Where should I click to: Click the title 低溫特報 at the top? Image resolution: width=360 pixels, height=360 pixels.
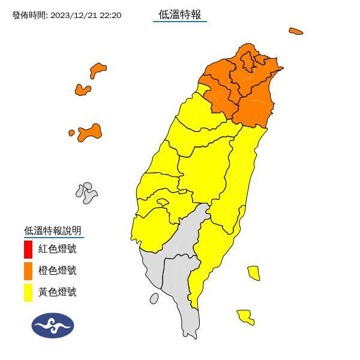click(179, 14)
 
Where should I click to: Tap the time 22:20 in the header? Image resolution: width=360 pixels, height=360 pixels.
click(110, 15)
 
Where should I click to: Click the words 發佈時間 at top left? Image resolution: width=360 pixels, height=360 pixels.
click(29, 15)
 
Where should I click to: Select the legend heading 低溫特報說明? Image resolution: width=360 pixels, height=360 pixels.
click(52, 230)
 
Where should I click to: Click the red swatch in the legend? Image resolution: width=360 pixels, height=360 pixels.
click(28, 248)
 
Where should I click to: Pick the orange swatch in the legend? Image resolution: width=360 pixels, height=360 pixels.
click(28, 270)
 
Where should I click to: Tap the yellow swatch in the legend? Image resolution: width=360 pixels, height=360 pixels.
click(28, 292)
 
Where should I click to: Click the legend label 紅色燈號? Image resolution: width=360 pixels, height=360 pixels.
click(58, 249)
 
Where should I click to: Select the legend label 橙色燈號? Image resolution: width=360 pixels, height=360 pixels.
click(58, 271)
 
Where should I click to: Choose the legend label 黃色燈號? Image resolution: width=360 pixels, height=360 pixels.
click(58, 292)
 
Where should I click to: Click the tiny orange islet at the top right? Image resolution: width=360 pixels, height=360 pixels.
click(295, 31)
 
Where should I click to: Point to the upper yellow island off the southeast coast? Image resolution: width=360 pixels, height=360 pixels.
click(253, 273)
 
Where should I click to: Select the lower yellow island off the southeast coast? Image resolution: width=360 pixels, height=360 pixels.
click(245, 316)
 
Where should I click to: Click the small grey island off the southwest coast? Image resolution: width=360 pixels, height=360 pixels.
click(154, 298)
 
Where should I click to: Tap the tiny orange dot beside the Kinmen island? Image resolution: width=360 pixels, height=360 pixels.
click(71, 133)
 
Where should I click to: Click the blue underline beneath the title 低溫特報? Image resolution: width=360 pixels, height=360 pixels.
click(179, 22)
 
